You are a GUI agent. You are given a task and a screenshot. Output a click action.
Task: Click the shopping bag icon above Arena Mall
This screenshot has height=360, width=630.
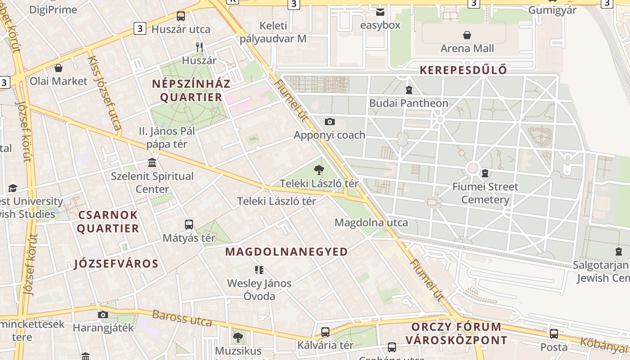click(467, 35)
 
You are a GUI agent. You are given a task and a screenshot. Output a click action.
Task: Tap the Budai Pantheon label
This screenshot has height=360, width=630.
click(409, 103)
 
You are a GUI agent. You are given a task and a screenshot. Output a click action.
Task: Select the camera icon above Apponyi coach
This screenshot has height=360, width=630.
click(330, 121)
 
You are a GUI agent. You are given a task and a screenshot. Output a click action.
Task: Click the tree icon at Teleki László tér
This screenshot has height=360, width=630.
click(319, 170)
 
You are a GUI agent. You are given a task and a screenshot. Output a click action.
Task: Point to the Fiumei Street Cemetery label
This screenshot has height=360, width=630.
click(485, 193)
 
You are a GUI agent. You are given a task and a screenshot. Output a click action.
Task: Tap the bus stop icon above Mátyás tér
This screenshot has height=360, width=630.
click(189, 224)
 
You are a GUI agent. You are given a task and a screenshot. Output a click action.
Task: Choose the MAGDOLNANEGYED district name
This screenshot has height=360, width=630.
click(287, 252)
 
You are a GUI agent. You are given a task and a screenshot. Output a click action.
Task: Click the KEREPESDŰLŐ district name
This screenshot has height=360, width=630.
click(463, 70)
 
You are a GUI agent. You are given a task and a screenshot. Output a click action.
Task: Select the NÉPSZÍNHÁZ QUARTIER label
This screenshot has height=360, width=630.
click(191, 90)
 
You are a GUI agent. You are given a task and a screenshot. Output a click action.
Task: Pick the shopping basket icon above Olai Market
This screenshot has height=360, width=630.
click(58, 68)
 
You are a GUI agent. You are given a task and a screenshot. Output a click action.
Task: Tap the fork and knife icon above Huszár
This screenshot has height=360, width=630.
click(199, 47)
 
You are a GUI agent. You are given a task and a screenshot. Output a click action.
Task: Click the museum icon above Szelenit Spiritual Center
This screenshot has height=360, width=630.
click(152, 162)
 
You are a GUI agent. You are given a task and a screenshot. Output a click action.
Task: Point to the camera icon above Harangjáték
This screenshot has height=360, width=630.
click(103, 315)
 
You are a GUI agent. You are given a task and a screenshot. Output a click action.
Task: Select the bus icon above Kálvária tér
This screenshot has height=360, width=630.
click(325, 332)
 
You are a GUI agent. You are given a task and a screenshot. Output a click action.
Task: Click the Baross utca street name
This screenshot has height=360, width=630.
click(182, 318)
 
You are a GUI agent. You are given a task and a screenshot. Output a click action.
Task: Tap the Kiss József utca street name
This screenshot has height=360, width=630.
click(104, 93)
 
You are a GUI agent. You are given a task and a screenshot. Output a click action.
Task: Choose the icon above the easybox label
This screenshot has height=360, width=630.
click(380, 12)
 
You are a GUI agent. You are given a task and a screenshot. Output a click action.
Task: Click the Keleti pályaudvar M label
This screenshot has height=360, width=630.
click(273, 32)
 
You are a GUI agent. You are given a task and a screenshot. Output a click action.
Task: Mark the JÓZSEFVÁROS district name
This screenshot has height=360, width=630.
click(116, 264)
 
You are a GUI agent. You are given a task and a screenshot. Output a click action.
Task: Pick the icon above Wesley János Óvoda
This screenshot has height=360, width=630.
click(259, 270)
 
